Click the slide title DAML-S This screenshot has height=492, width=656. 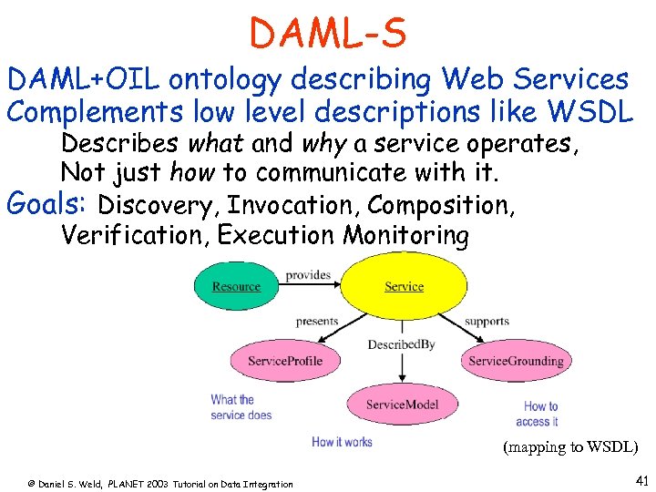click(x=328, y=34)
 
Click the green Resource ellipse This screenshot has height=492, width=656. click(x=236, y=286)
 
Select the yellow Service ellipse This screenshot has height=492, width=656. click(x=404, y=286)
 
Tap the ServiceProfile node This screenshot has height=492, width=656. click(x=285, y=361)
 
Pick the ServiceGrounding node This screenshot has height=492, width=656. click(x=516, y=361)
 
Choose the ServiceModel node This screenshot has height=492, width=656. click(x=402, y=405)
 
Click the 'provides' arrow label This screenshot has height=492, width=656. click(x=307, y=275)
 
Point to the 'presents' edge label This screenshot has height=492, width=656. click(x=317, y=321)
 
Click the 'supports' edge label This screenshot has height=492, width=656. click(x=487, y=321)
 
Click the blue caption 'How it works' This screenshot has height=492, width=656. click(x=342, y=442)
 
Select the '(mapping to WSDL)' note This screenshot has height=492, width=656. click(x=570, y=447)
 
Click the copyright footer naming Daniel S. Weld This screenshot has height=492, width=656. click(x=159, y=484)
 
